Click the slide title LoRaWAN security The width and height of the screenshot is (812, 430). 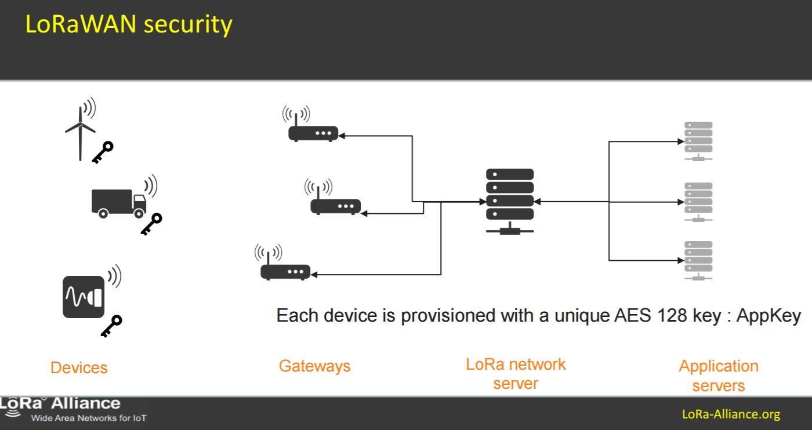click(x=128, y=25)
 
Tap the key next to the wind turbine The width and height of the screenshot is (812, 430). click(x=103, y=152)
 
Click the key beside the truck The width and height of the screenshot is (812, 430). click(x=151, y=224)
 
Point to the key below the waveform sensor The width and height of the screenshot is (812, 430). click(x=111, y=326)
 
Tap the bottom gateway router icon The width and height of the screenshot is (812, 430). click(x=285, y=270)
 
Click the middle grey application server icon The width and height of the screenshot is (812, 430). click(x=698, y=202)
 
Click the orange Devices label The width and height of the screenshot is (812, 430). click(x=79, y=367)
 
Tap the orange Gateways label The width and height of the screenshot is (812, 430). click(x=314, y=366)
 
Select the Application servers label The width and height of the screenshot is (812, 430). click(x=719, y=376)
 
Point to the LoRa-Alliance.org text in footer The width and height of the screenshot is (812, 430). click(x=731, y=414)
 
